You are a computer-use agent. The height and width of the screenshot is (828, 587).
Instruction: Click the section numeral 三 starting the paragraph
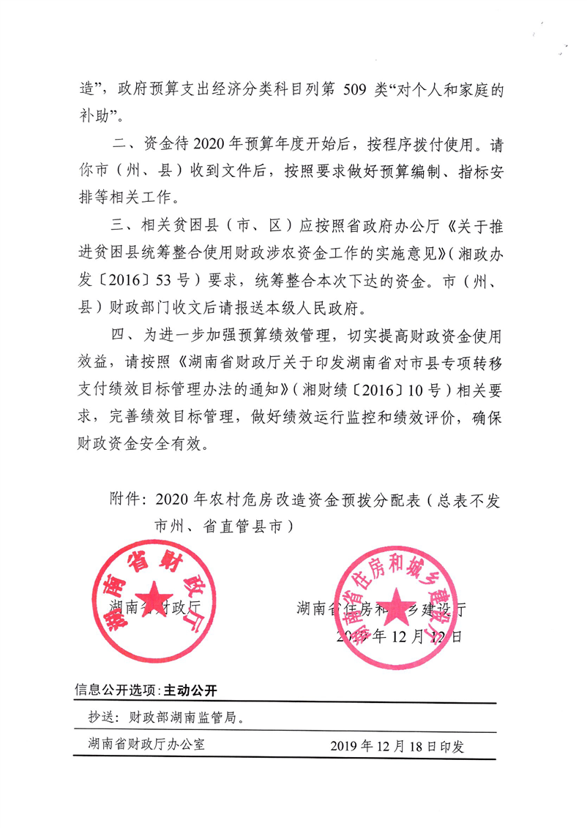pyautogui.click(x=117, y=226)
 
